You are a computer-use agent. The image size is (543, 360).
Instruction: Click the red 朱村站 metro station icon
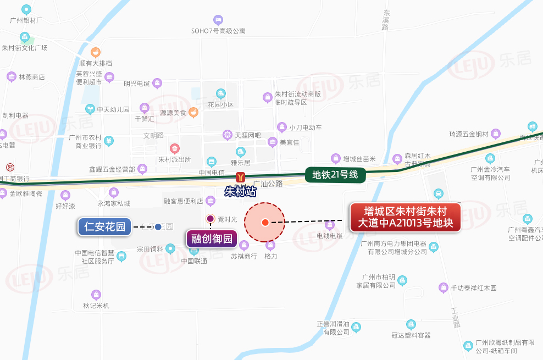coord(240,177)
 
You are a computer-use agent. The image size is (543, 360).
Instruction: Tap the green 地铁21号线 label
coord(335,175)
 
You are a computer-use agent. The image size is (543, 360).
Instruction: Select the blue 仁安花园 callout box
coord(105,226)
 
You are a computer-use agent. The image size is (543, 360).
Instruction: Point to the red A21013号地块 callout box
coord(406,218)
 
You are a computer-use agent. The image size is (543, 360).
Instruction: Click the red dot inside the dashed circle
coord(265,222)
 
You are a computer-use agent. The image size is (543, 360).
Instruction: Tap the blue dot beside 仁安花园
coord(158,226)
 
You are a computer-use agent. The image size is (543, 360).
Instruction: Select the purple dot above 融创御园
coord(210,219)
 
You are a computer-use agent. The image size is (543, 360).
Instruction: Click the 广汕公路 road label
coord(268,183)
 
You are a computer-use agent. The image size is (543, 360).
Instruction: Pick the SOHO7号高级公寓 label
coord(218,30)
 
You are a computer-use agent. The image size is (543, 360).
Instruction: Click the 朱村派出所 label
coord(175,159)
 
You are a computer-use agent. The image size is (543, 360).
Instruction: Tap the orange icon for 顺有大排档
coord(96,53)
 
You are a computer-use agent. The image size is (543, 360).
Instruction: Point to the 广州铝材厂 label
coord(26,20)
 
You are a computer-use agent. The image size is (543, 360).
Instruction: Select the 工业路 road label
coord(455,318)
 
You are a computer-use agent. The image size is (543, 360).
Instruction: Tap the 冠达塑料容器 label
coord(411,335)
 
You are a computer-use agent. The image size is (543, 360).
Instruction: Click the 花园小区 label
coord(221,104)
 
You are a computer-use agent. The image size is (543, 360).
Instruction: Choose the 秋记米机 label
coord(96,305)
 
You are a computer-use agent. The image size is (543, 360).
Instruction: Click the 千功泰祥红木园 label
coord(473,287)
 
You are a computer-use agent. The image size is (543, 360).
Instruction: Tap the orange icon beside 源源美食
coord(193,112)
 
